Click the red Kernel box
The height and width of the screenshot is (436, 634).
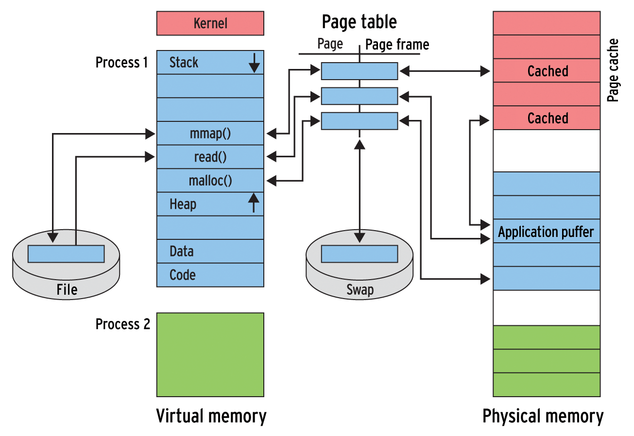pyautogui.click(x=210, y=23)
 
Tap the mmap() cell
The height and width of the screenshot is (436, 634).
pyautogui.click(x=210, y=134)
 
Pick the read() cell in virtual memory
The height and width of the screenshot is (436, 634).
pyautogui.click(x=210, y=157)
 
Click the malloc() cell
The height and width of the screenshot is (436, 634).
pyautogui.click(x=210, y=181)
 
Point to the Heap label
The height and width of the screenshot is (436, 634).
pyautogui.click(x=183, y=204)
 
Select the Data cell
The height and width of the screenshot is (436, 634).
pyautogui.click(x=210, y=252)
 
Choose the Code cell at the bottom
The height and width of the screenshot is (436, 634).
pyautogui.click(x=210, y=275)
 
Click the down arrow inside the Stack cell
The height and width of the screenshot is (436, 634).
pyautogui.click(x=254, y=63)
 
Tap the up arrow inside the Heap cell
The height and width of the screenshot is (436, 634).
pyautogui.click(x=253, y=202)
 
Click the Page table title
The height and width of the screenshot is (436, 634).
pyautogui.click(x=359, y=22)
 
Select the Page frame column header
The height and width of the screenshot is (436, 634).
pyautogui.click(x=397, y=45)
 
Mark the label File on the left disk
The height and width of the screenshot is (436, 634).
pyautogui.click(x=67, y=290)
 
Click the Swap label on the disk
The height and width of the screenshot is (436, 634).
pyautogui.click(x=360, y=290)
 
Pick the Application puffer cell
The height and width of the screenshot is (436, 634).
pyautogui.click(x=546, y=232)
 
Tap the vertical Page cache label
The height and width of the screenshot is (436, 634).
pyautogui.click(x=614, y=70)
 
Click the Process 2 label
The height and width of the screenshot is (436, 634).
pyautogui.click(x=122, y=324)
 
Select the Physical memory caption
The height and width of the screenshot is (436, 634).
pyautogui.click(x=543, y=416)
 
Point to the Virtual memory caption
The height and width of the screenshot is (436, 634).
pyautogui.click(x=211, y=416)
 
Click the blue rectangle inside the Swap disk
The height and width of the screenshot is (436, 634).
pyautogui.click(x=360, y=254)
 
